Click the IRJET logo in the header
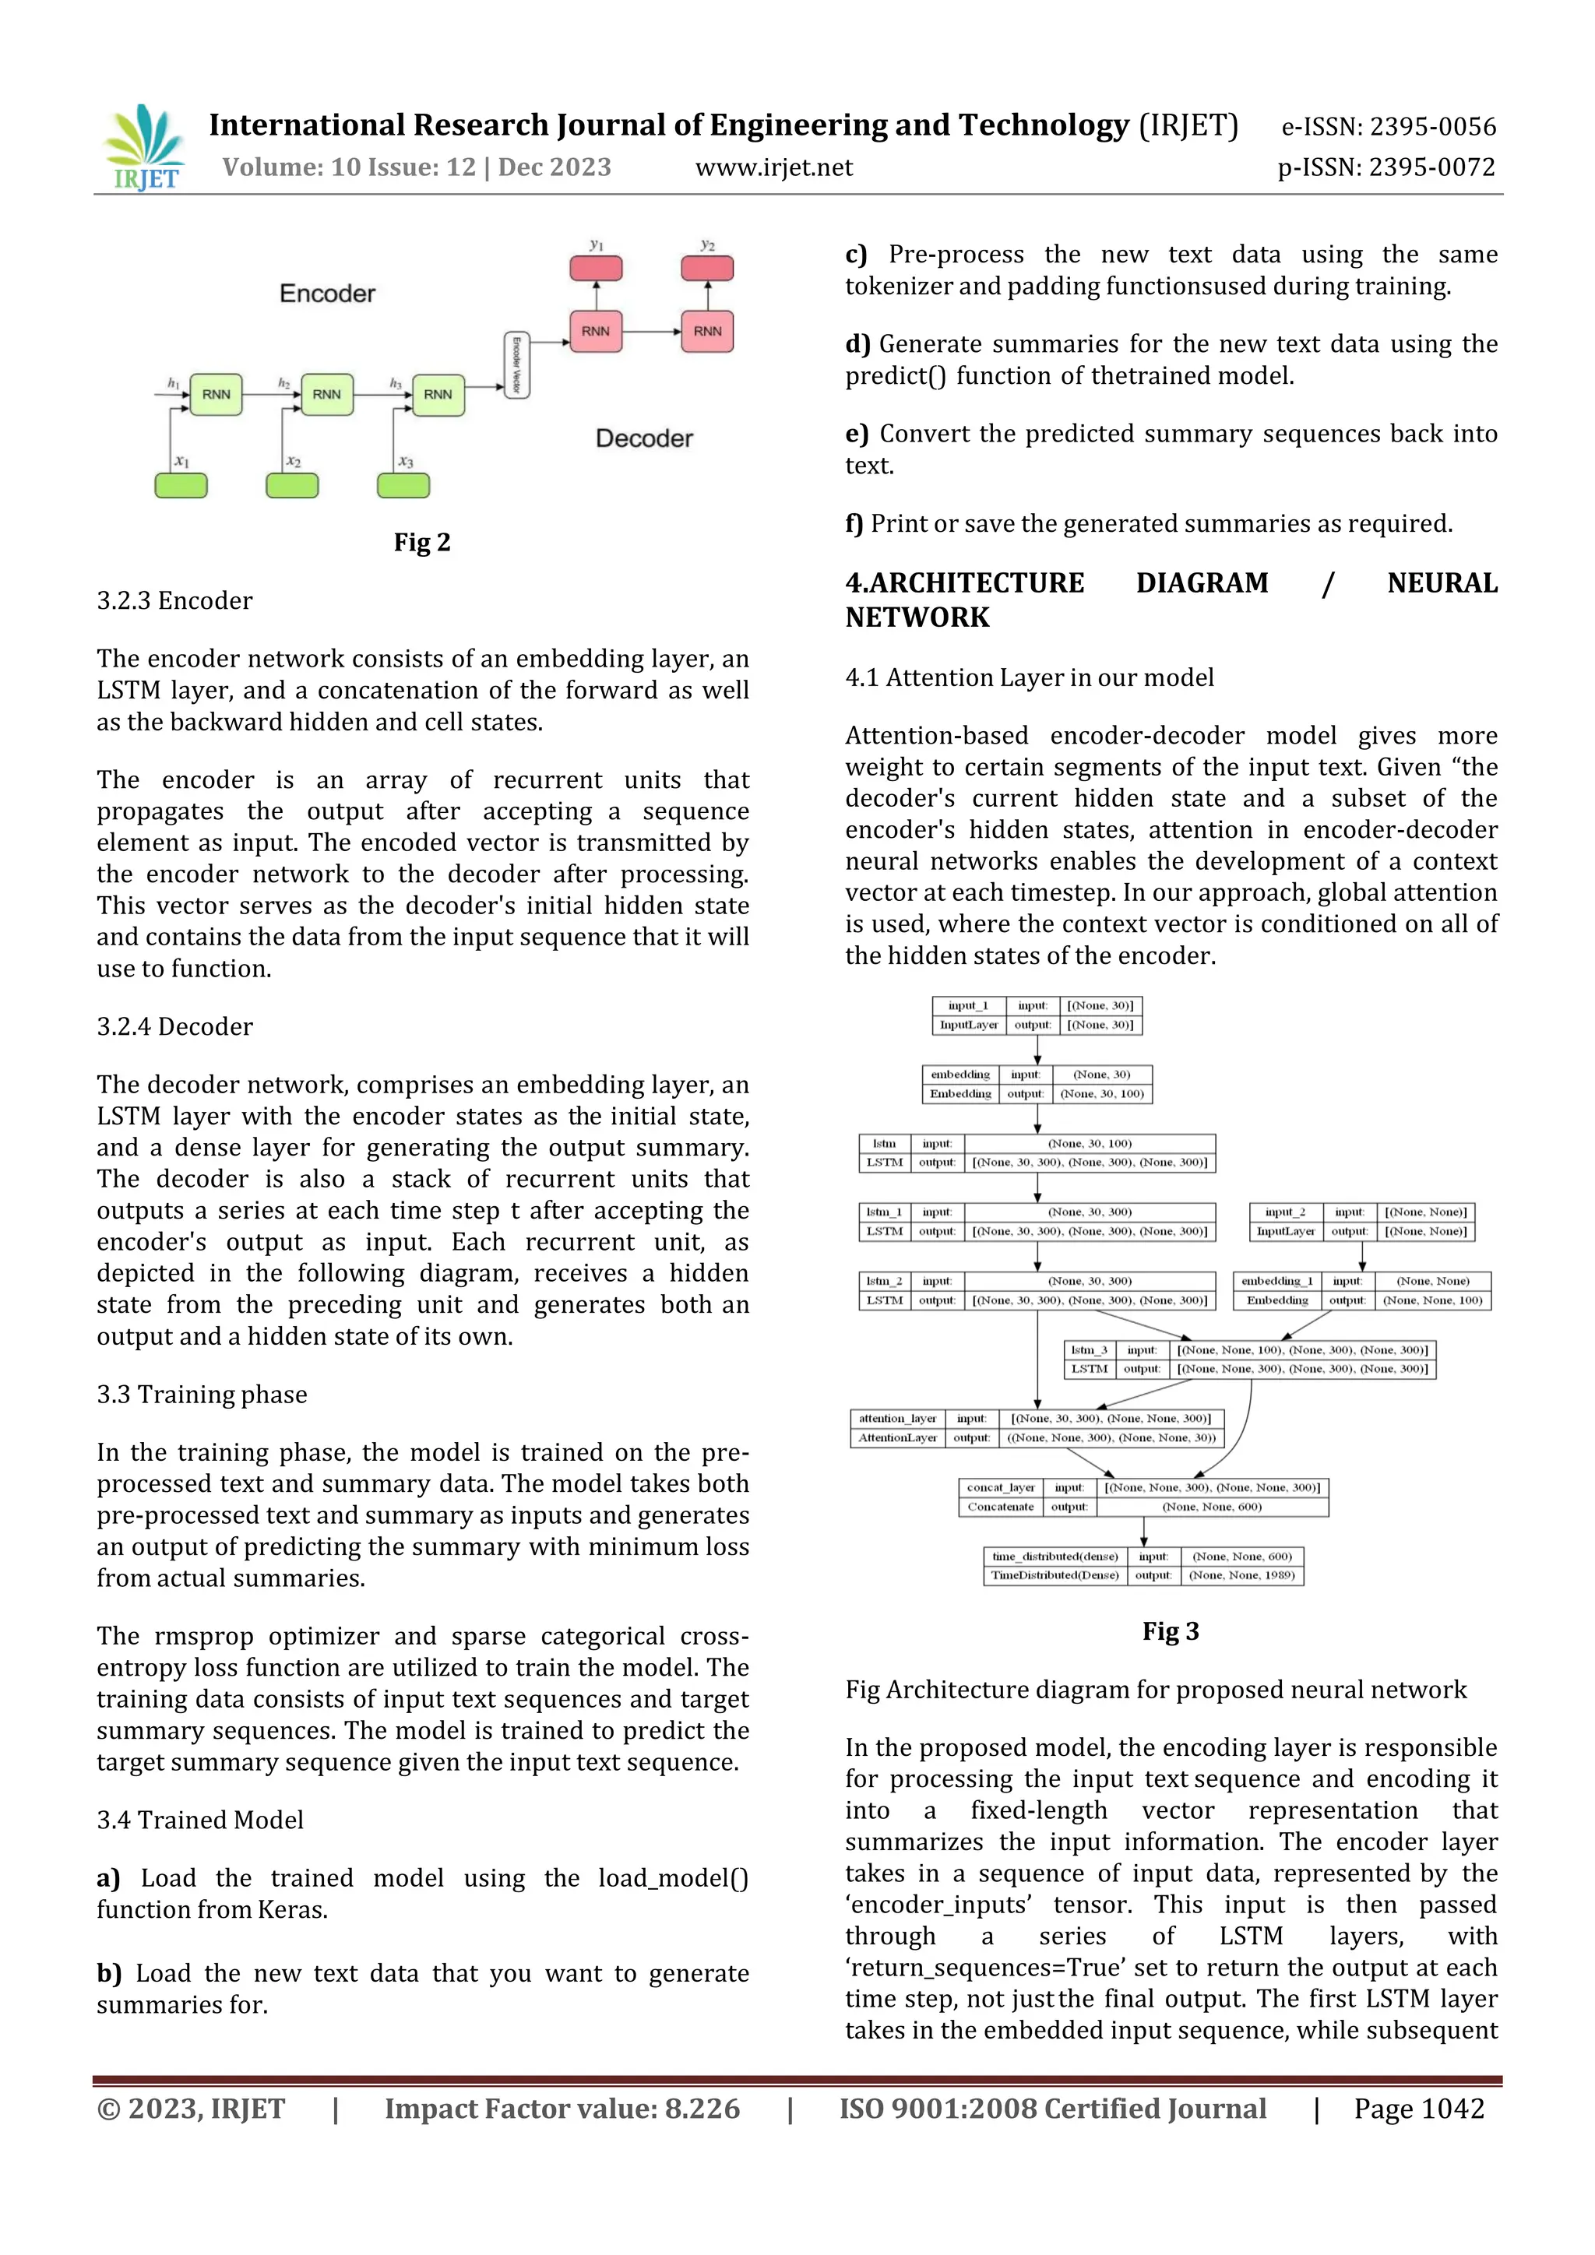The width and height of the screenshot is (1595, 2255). point(144,147)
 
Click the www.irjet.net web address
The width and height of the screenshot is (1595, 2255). point(774,168)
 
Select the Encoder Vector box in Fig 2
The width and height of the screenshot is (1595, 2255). point(516,365)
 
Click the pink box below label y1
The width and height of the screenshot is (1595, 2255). point(596,268)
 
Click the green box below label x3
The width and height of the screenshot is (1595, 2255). point(403,485)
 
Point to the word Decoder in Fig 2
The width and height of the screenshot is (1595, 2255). point(644,438)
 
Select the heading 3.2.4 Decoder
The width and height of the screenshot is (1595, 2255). point(174,1026)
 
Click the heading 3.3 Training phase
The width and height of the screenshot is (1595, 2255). point(202,1395)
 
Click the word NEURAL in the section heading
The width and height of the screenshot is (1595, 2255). point(1441,583)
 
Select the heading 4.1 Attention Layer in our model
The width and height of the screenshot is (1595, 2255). point(1030,677)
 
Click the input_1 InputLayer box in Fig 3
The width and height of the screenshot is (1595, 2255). point(1037,1015)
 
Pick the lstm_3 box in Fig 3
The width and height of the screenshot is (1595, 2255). point(1249,1360)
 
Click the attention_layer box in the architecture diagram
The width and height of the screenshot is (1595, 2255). point(1037,1428)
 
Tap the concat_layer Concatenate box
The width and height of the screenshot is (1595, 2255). point(1143,1497)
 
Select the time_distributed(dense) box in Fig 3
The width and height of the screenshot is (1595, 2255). point(1143,1566)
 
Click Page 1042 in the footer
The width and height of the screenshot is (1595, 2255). point(1418,2109)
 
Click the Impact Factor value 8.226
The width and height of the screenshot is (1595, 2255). point(561,2109)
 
